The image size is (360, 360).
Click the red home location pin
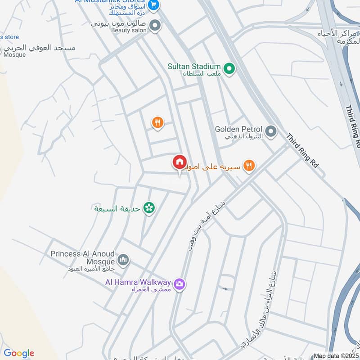179,162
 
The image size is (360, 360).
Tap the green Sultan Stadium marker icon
229,69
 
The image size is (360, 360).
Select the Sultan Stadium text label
194,66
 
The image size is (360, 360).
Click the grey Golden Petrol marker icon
270,132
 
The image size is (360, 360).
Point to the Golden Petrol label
238,129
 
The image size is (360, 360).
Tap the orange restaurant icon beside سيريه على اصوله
249,166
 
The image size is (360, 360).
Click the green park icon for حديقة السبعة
149,207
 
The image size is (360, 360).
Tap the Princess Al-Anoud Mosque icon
123,260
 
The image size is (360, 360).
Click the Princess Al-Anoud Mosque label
82,254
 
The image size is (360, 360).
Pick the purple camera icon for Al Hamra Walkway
180,284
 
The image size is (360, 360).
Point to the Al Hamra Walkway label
138,283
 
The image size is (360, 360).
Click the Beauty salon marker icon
155,26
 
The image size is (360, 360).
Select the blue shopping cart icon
154,5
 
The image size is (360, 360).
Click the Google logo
19,353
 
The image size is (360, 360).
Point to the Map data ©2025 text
336,355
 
